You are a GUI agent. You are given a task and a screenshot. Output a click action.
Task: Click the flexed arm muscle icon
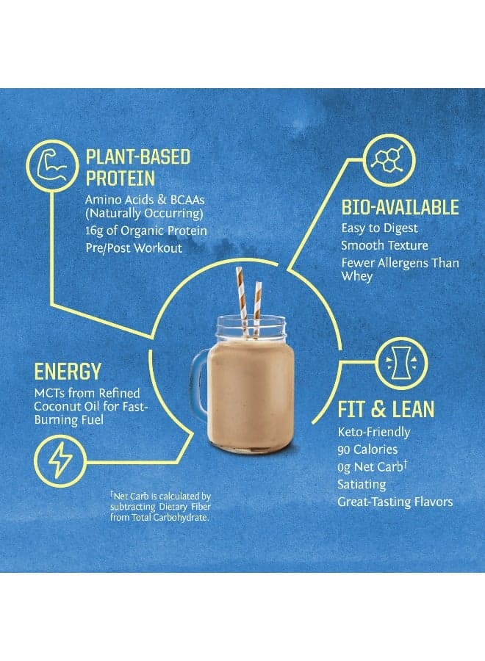52,166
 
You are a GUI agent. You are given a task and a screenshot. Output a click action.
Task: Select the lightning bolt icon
60,461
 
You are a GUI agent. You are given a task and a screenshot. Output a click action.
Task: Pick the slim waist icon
401,364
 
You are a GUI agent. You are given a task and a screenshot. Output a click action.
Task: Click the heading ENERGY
68,372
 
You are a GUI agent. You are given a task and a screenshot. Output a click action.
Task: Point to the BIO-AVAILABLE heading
400,207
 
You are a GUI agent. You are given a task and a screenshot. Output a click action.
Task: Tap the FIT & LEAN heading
386,409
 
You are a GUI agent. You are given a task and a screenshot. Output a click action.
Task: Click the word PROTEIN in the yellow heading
121,178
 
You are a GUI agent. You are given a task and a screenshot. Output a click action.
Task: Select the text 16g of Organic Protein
146,231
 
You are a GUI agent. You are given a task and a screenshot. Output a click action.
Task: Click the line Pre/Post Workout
134,248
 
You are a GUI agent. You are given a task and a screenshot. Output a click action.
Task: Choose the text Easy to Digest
379,228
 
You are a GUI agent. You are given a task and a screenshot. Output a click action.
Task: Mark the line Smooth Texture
384,245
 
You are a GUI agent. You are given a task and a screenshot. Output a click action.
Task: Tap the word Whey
356,277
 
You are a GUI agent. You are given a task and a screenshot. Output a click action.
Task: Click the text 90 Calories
367,449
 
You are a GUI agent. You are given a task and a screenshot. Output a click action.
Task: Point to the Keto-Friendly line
373,432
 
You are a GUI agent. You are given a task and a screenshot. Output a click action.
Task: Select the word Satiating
362,485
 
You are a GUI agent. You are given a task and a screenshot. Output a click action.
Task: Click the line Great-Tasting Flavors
395,502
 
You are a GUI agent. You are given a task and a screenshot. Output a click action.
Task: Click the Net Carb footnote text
160,506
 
